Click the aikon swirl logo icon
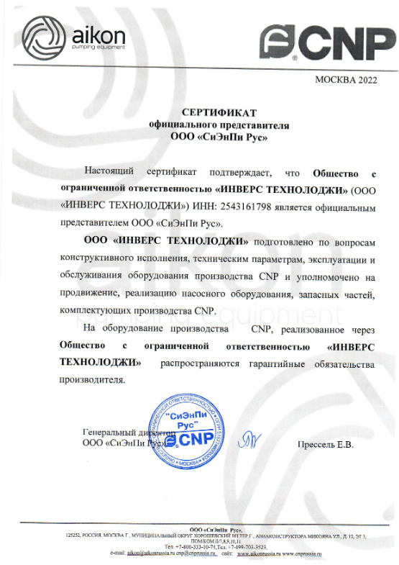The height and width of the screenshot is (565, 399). pyautogui.click(x=42, y=36)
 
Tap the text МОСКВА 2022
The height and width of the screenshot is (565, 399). pyautogui.click(x=345, y=80)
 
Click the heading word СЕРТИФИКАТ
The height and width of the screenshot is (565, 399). pyautogui.click(x=219, y=113)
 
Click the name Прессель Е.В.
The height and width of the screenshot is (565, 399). pyautogui.click(x=326, y=444)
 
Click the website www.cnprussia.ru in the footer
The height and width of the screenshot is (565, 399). pyautogui.click(x=304, y=554)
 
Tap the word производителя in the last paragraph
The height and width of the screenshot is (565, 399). pyautogui.click(x=91, y=380)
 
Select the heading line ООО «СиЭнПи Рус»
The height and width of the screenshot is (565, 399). pyautogui.click(x=219, y=136)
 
